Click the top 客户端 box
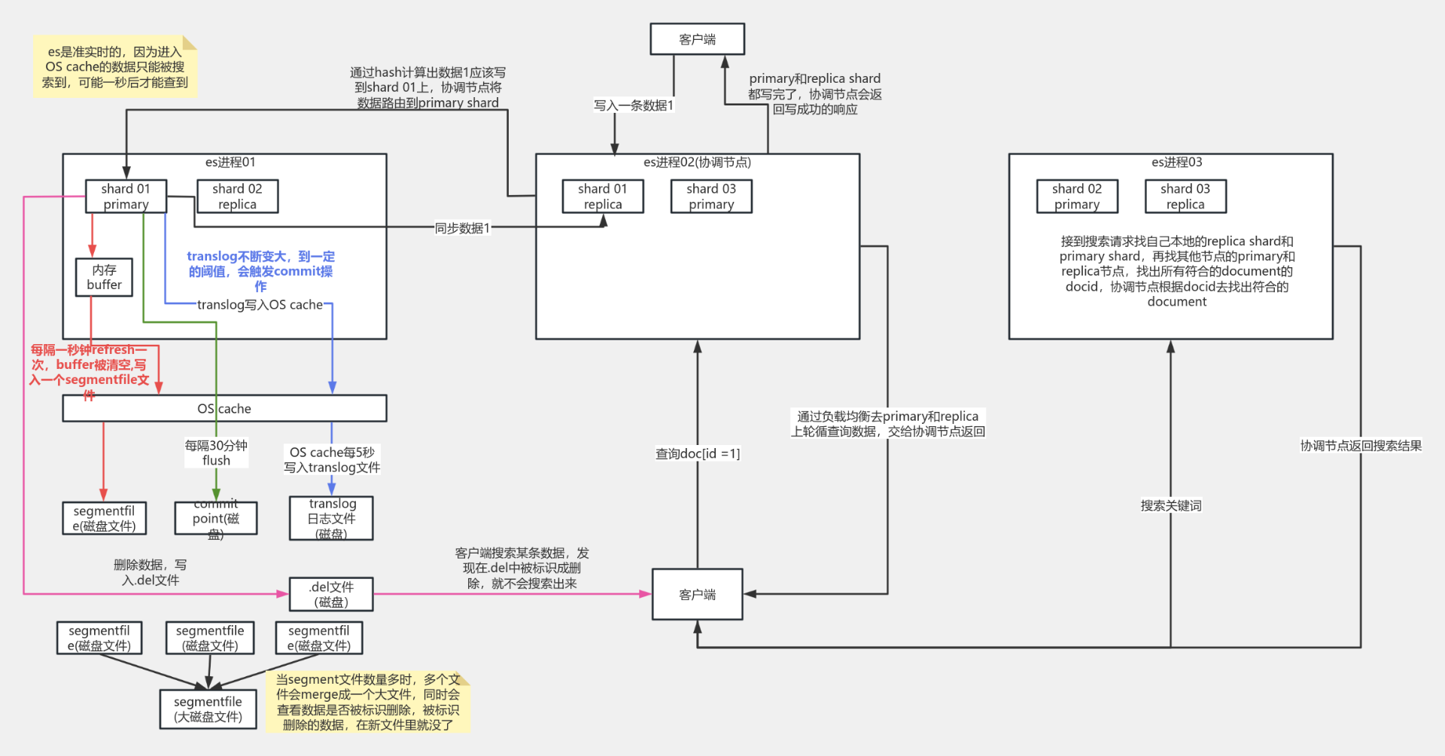[697, 39]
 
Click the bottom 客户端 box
[697, 594]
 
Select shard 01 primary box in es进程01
[126, 196]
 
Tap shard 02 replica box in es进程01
[237, 196]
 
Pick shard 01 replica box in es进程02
[602, 196]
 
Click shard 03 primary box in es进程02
[710, 196]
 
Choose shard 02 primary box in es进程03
[1076, 196]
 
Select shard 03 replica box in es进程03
[1185, 196]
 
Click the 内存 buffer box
[104, 277]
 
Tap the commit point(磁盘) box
[215, 519]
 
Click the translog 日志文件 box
[331, 518]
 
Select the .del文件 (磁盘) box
[331, 594]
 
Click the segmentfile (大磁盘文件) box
[208, 709]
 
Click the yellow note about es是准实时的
[114, 66]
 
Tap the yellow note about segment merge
[367, 702]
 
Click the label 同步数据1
[462, 228]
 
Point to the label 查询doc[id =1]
[697, 453]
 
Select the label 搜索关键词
[1170, 505]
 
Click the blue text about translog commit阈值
[260, 271]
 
